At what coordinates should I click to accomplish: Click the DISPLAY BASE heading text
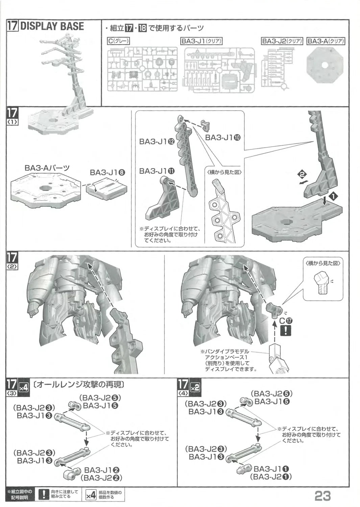click(52, 26)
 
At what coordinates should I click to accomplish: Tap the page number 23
click(322, 496)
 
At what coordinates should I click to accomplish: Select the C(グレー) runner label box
click(119, 41)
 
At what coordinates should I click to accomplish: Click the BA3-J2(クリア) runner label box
click(282, 41)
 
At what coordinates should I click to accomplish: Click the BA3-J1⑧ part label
click(107, 172)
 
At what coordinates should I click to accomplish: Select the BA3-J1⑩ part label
click(223, 137)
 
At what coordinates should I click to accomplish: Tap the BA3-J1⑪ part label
click(157, 171)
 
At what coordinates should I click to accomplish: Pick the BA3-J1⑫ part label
click(157, 142)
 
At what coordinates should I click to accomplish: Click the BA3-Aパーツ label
click(47, 168)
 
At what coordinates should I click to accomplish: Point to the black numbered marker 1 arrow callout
click(335, 196)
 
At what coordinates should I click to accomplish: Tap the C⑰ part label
click(286, 321)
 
